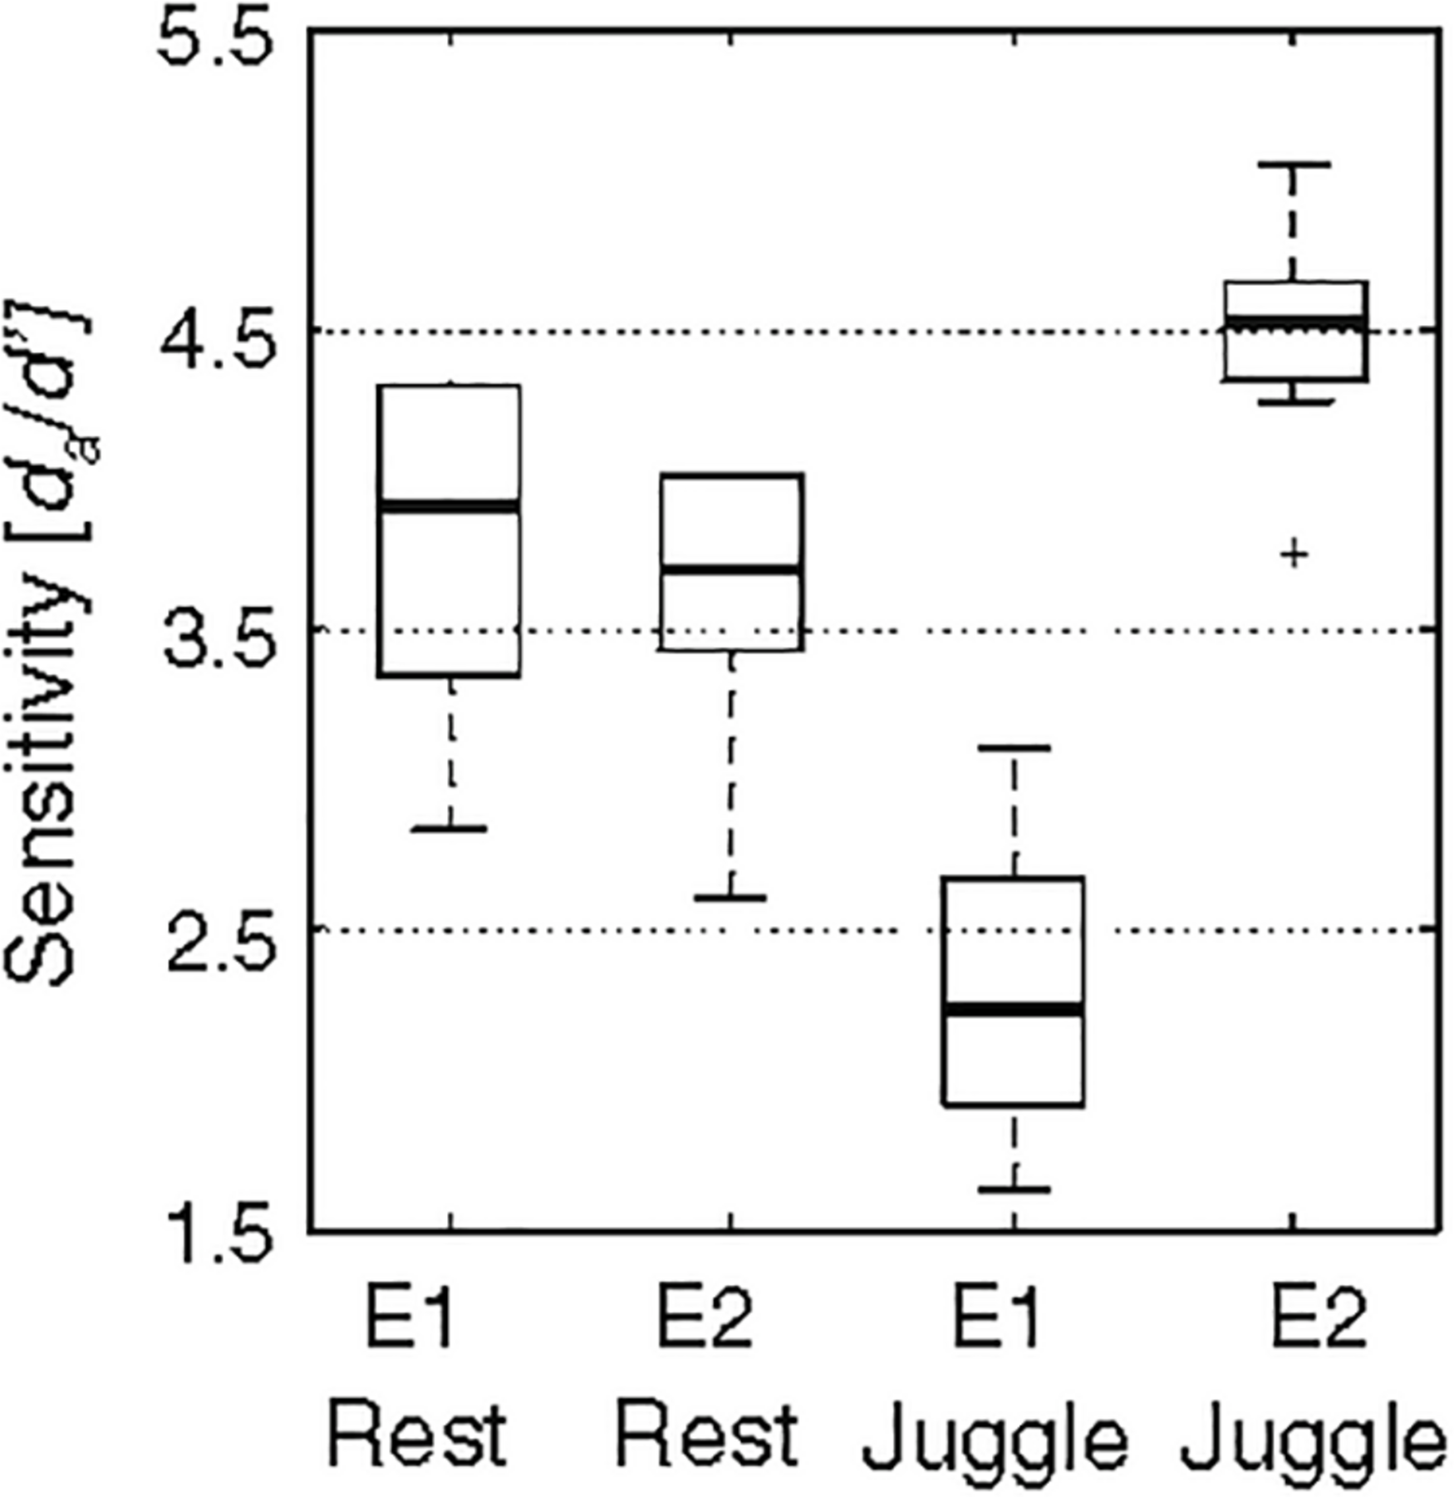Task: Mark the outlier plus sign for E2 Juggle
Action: [1294, 554]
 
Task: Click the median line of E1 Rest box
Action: [449, 506]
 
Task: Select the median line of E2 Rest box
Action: [731, 569]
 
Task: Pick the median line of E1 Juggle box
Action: [1013, 1009]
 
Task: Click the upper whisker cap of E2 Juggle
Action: [1294, 165]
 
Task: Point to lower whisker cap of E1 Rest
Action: [450, 829]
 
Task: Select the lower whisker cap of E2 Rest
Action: [730, 898]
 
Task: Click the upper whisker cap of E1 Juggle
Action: [1014, 748]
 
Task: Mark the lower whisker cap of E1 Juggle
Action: [1014, 1189]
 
